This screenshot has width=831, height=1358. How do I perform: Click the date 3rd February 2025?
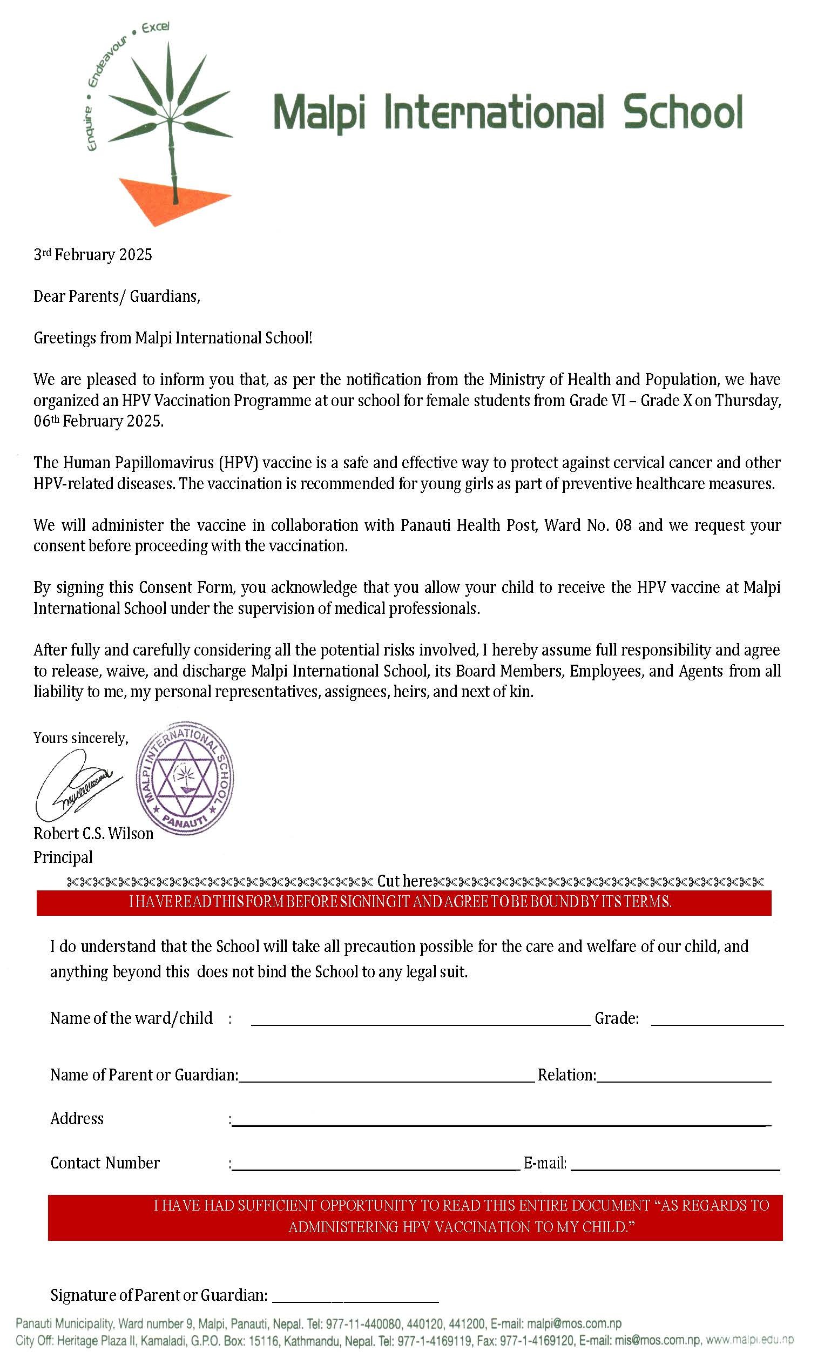point(92,255)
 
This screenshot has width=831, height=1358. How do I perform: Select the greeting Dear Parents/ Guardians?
point(117,296)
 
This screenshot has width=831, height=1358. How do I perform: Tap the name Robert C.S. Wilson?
point(93,833)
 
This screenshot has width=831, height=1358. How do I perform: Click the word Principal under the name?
point(63,857)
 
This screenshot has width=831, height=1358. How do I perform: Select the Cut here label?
point(404,881)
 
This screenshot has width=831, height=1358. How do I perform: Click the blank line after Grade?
point(717,1023)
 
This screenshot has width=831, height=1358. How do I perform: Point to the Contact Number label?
point(105,1163)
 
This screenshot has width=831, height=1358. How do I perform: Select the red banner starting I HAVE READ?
point(403,902)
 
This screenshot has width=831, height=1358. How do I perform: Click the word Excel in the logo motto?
point(156,28)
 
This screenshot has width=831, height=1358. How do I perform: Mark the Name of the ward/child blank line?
point(421,1023)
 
